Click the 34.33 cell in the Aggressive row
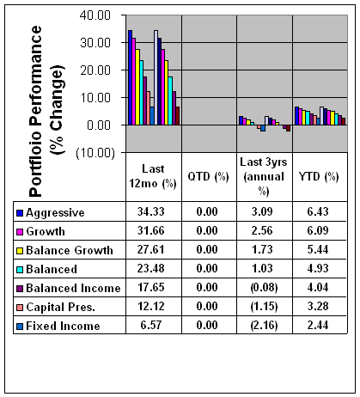[x=151, y=211]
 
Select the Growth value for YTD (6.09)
[x=318, y=230]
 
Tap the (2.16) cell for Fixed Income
[x=264, y=326]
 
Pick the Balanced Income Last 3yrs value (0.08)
[x=264, y=288]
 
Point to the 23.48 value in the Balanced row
[x=151, y=268]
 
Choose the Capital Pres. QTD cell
[x=207, y=306]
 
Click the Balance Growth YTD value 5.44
[x=318, y=249]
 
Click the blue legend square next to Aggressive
[x=20, y=213]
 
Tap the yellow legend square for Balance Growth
[x=20, y=251]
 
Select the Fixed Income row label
[x=63, y=326]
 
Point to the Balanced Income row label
[x=73, y=288]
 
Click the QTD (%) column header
[x=208, y=177]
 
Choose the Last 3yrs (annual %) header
[x=264, y=177]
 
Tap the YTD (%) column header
[x=319, y=177]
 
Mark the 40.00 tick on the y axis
[x=95, y=15]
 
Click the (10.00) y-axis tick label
[x=95, y=153]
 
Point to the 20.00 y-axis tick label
[x=95, y=70]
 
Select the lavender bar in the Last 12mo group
[x=156, y=77]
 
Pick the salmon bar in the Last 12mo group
[x=149, y=108]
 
